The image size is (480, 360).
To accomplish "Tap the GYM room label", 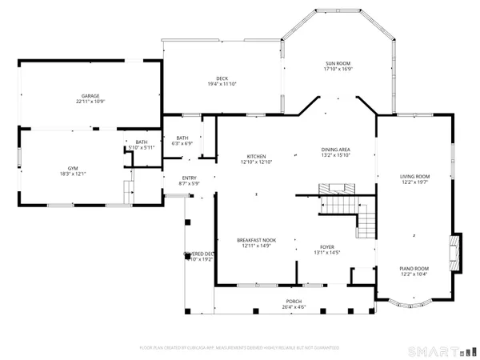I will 72,169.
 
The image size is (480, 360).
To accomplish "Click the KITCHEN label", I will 256,156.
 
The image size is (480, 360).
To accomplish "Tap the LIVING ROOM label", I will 415,176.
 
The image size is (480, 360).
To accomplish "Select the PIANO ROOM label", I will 414,269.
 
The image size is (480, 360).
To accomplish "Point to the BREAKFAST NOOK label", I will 256,240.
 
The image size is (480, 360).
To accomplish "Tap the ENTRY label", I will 189,178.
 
